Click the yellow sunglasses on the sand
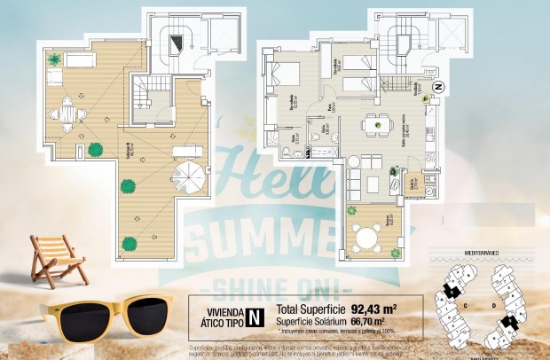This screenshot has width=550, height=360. click(x=105, y=315)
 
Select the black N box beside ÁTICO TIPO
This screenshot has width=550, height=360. click(x=255, y=314)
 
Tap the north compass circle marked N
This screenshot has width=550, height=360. click(x=437, y=87)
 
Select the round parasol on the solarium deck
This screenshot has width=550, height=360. click(x=187, y=179)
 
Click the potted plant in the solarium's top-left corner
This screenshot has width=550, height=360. click(x=55, y=59)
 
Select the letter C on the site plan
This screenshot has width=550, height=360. click(x=466, y=301)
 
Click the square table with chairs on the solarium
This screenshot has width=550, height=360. click(x=67, y=113)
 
